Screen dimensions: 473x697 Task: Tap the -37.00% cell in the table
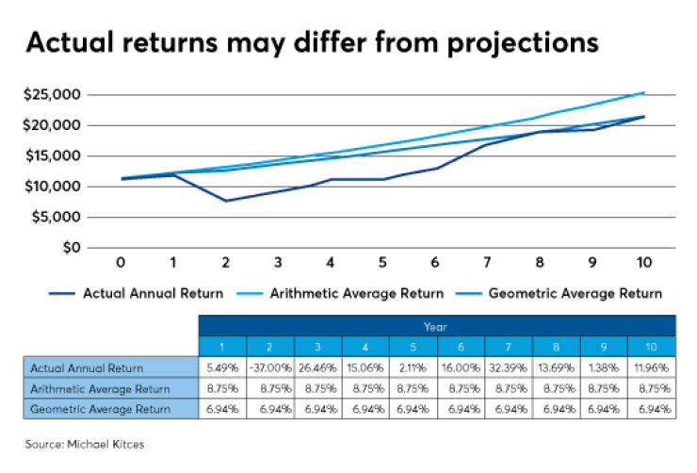pos(268,367)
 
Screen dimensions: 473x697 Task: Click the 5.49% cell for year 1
pos(220,367)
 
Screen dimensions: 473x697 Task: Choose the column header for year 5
pos(413,347)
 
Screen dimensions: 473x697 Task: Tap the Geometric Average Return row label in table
pos(100,409)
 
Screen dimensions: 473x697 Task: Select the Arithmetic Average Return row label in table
pos(100,388)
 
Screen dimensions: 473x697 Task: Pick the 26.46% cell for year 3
pos(316,367)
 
